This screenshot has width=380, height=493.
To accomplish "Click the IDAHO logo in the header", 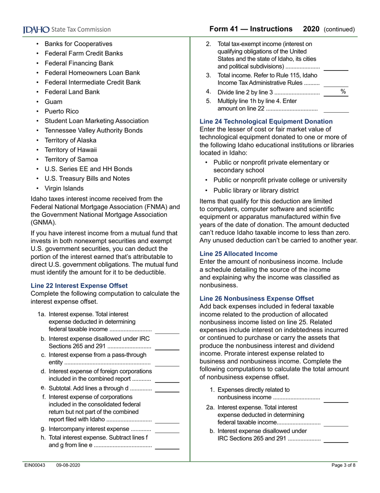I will pos(36,30).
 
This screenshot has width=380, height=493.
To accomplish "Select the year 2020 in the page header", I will pos(311,29).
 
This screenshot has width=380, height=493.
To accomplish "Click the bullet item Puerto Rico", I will pos(62,111).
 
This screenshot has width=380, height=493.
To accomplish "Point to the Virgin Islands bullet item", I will pos(64,188).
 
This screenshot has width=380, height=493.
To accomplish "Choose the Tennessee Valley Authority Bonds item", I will pos(93,131).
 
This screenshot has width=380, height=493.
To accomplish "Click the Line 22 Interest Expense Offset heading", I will pos(79,286).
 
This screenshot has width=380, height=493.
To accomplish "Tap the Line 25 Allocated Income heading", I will pos(238,254).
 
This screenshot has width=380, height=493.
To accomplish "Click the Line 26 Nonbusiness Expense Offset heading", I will pos(257,299).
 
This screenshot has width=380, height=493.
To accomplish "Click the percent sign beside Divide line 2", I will pos(343,92).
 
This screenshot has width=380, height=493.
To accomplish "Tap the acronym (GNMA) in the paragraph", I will pos(44,222).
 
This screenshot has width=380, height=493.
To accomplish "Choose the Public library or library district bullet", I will pos(256,191).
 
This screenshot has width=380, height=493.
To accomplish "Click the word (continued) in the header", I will pos(339,30).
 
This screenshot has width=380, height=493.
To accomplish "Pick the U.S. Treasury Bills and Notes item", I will pos(87,179).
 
